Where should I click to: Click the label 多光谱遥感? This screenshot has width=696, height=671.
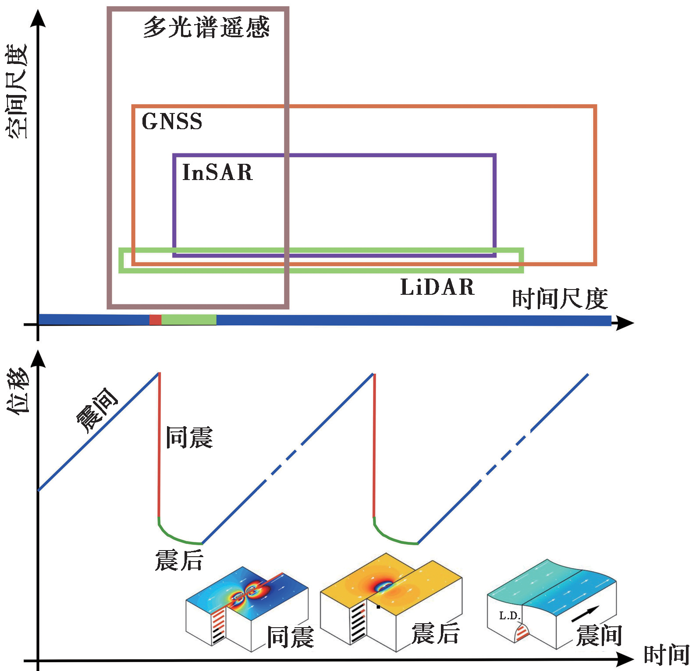coord(206,27)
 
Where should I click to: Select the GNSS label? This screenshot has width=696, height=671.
coord(172,121)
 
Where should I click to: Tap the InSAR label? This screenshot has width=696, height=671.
coord(217,172)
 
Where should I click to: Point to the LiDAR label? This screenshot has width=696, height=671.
coord(437,287)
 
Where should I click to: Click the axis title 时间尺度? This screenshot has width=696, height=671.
coord(560,299)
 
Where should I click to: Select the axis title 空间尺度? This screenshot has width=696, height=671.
coord(17,91)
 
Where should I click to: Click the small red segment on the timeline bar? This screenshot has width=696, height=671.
coord(155,320)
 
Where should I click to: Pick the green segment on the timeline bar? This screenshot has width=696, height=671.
coord(189,320)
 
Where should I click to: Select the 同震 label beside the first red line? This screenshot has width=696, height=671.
coord(189,437)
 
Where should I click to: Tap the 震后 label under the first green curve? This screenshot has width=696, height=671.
coord(179,560)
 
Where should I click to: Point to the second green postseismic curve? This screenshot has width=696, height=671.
coord(392,538)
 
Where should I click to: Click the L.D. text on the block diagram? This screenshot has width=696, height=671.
coord(509,616)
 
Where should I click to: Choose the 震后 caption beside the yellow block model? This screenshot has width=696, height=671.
coord(435,633)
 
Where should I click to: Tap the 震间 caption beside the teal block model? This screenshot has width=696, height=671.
coord(599,636)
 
